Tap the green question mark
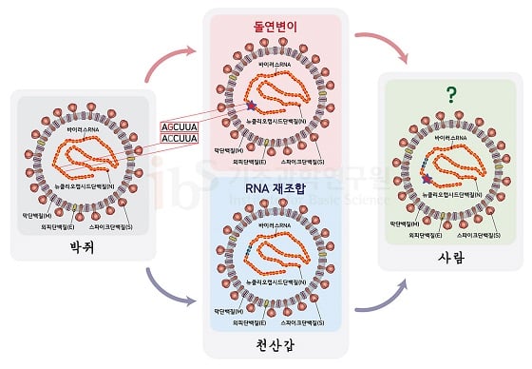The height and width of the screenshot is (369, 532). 447,93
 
